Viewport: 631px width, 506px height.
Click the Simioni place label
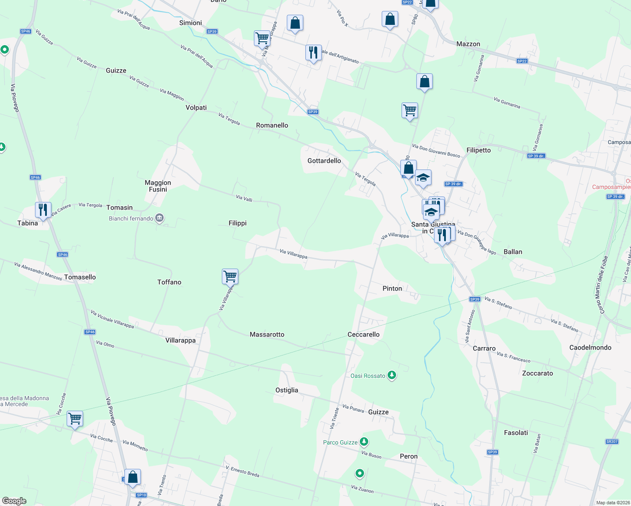pyautogui.click(x=191, y=23)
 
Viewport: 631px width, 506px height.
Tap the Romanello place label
pyautogui.click(x=272, y=125)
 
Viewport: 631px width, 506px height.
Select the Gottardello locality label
pyautogui.click(x=324, y=161)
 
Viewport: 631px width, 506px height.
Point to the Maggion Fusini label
pyautogui.click(x=158, y=186)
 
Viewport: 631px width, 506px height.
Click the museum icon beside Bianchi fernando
pyautogui.click(x=159, y=218)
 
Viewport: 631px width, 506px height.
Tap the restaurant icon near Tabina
pyautogui.click(x=43, y=210)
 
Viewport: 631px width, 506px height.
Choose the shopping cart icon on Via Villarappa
pyautogui.click(x=230, y=277)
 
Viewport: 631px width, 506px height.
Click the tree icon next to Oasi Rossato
pyautogui.click(x=392, y=375)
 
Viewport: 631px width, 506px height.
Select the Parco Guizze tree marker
pyautogui.click(x=364, y=442)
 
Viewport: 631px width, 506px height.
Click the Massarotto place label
pyautogui.click(x=267, y=334)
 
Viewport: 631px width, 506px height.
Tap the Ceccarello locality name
pyautogui.click(x=364, y=334)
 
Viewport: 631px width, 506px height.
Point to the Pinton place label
pyautogui.click(x=392, y=288)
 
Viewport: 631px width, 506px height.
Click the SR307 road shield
pyautogui.click(x=612, y=441)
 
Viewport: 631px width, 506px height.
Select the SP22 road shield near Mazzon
pyautogui.click(x=522, y=61)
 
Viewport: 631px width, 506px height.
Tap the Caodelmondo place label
pyautogui.click(x=590, y=347)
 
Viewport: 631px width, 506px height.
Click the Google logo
pyautogui.click(x=14, y=501)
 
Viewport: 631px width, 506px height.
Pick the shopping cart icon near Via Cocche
pyautogui.click(x=75, y=419)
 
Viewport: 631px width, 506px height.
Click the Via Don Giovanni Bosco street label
pyautogui.click(x=436, y=151)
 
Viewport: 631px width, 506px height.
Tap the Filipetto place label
pyautogui.click(x=479, y=150)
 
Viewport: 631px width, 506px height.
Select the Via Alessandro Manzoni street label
pyautogui.click(x=38, y=271)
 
